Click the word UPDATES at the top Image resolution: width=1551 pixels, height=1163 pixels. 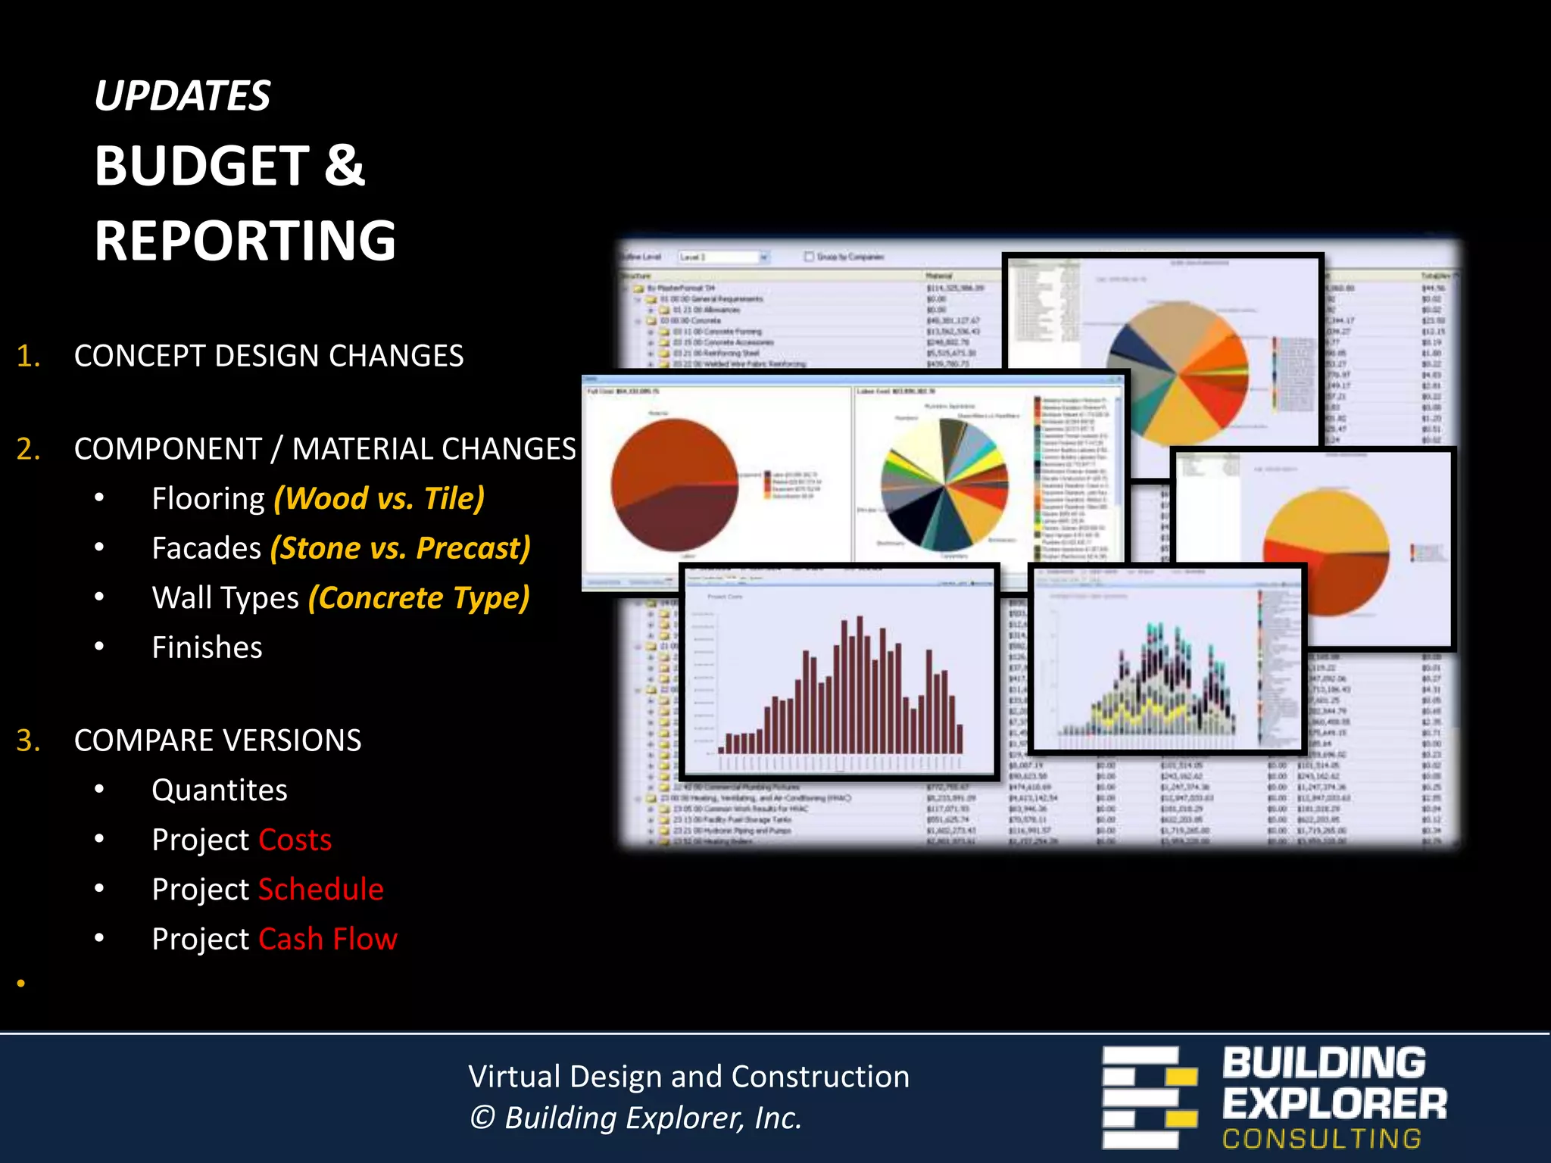click(182, 96)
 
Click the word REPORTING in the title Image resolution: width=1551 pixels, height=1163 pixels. click(245, 241)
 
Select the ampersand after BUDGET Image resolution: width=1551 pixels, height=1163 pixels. click(345, 165)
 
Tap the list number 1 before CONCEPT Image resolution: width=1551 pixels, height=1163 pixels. click(27, 356)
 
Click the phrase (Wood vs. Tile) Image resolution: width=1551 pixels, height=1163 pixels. click(379, 498)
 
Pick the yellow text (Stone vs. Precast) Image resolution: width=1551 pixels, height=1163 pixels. click(400, 548)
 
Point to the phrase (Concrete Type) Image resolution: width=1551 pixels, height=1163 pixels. click(418, 598)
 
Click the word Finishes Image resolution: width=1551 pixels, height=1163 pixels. click(207, 647)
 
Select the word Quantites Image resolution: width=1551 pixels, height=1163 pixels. click(220, 790)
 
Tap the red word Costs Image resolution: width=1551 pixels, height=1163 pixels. click(295, 840)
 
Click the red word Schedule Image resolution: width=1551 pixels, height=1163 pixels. click(321, 889)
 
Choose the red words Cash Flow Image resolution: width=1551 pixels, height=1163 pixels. click(327, 939)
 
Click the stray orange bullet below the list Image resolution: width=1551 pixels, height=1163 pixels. click(21, 983)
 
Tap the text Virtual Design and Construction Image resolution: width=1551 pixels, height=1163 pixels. click(688, 1076)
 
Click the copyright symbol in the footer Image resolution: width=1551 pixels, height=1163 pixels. click(482, 1118)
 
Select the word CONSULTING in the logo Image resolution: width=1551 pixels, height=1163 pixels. click(1322, 1139)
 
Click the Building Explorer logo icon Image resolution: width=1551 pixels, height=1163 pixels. click(1149, 1097)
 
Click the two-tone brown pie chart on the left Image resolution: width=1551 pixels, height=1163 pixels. click(674, 485)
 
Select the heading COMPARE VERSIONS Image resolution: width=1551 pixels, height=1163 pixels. click(217, 741)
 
